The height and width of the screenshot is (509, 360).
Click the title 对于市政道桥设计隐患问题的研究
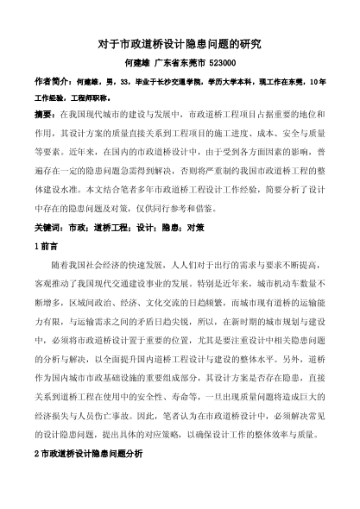[180, 42]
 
